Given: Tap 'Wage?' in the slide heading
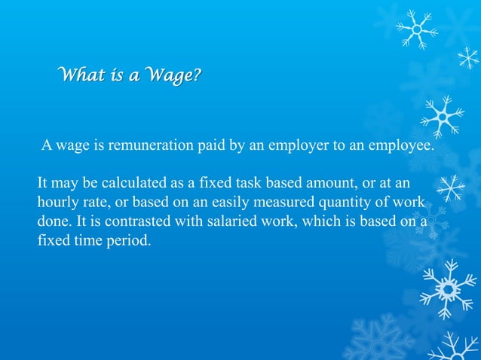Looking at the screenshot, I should tap(176, 76).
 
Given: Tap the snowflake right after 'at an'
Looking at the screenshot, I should tap(451, 188).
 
